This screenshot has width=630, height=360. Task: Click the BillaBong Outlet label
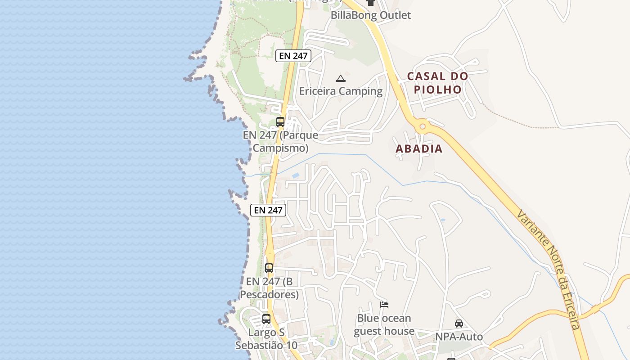(371, 15)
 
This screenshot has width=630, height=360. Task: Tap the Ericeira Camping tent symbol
(341, 78)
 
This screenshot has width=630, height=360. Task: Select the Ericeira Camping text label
(341, 91)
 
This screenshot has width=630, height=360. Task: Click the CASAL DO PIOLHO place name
(437, 83)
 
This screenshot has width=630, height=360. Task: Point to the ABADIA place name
(419, 148)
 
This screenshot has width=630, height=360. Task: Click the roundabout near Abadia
(422, 126)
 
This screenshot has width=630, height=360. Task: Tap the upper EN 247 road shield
(293, 56)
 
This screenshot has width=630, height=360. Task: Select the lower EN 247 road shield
(268, 210)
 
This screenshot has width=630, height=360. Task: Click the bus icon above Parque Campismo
(280, 121)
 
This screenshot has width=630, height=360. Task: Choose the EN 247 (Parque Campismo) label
(280, 141)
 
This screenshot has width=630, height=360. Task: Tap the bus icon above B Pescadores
(269, 268)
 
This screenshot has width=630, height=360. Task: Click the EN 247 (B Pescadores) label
(269, 288)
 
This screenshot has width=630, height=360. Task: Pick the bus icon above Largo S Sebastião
(266, 319)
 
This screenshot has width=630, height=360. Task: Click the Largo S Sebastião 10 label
(266, 339)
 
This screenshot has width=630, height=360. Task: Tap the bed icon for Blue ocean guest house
(384, 305)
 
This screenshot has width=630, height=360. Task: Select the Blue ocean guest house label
(384, 324)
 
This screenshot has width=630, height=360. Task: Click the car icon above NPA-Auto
(459, 323)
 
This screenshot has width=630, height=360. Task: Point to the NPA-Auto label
(459, 337)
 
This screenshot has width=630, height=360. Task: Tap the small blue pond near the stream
(295, 175)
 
